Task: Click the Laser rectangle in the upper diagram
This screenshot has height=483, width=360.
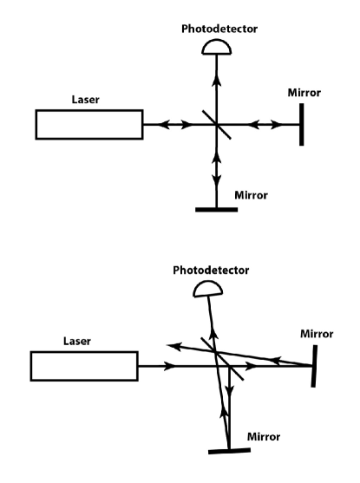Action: coord(88,125)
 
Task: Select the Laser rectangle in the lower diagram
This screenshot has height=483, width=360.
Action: coord(83,366)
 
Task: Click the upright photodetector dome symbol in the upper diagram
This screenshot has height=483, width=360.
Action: coord(214,49)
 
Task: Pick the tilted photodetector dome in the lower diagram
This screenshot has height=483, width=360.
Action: coord(203,290)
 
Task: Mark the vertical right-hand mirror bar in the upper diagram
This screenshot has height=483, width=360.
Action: coord(302,125)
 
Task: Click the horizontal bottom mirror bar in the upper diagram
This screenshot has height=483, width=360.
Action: coord(214,209)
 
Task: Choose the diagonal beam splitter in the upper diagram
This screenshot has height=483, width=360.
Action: coord(214,125)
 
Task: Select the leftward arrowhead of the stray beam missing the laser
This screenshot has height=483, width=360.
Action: coord(171,345)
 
